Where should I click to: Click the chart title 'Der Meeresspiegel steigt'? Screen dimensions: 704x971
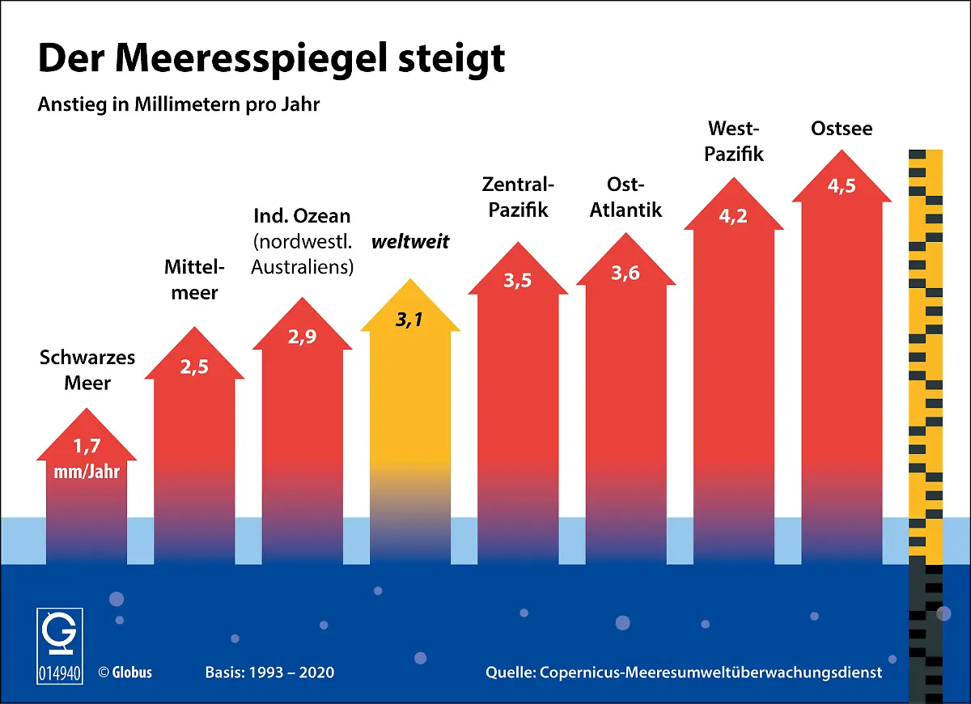(272, 59)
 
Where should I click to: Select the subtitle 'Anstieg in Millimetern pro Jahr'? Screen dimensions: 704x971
(179, 105)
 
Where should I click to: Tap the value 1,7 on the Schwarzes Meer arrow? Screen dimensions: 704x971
(87, 445)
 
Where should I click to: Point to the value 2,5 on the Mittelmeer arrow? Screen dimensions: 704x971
(194, 367)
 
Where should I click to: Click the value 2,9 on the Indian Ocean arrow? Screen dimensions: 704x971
(303, 337)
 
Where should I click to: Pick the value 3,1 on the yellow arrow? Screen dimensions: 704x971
(409, 320)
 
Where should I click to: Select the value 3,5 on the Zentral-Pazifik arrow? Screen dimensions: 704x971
(518, 282)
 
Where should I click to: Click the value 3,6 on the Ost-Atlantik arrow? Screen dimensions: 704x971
(625, 274)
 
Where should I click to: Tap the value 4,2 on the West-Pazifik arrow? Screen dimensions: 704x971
(733, 216)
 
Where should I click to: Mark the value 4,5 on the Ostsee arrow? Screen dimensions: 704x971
(842, 186)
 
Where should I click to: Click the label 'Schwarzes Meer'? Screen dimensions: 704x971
(87, 370)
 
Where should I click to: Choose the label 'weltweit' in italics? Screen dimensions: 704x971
(410, 241)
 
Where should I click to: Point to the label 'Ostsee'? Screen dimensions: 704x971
(842, 129)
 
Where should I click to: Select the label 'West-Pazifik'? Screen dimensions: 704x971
(734, 141)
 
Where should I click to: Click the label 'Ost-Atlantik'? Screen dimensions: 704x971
(625, 197)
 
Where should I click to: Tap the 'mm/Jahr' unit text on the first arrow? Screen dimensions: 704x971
(87, 471)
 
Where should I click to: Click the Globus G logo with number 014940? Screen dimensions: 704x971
(59, 645)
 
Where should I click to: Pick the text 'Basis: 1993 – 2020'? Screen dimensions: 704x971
(269, 672)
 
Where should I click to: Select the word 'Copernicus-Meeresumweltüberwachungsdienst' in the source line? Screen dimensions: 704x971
(710, 672)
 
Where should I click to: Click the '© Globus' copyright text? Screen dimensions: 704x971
(125, 672)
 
